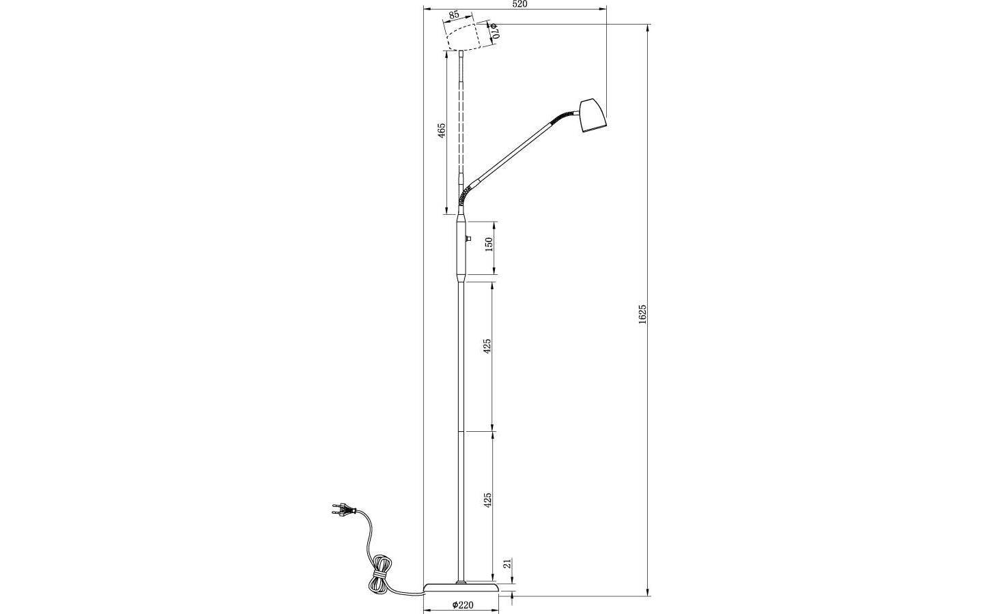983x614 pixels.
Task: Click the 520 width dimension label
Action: [519, 4]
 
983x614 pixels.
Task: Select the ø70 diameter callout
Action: [496, 30]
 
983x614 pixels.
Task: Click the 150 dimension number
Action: [488, 245]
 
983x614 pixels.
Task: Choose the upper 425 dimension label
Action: [487, 346]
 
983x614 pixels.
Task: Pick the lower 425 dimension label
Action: [487, 500]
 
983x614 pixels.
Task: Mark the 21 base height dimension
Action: [507, 564]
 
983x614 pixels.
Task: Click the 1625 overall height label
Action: [642, 315]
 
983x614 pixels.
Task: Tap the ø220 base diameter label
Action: [464, 604]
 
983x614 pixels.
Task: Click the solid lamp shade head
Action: [591, 116]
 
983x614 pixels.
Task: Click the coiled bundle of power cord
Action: [380, 577]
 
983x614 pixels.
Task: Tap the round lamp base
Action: [461, 588]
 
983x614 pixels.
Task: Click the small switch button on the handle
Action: [468, 239]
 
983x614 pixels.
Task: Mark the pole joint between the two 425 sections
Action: [462, 431]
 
